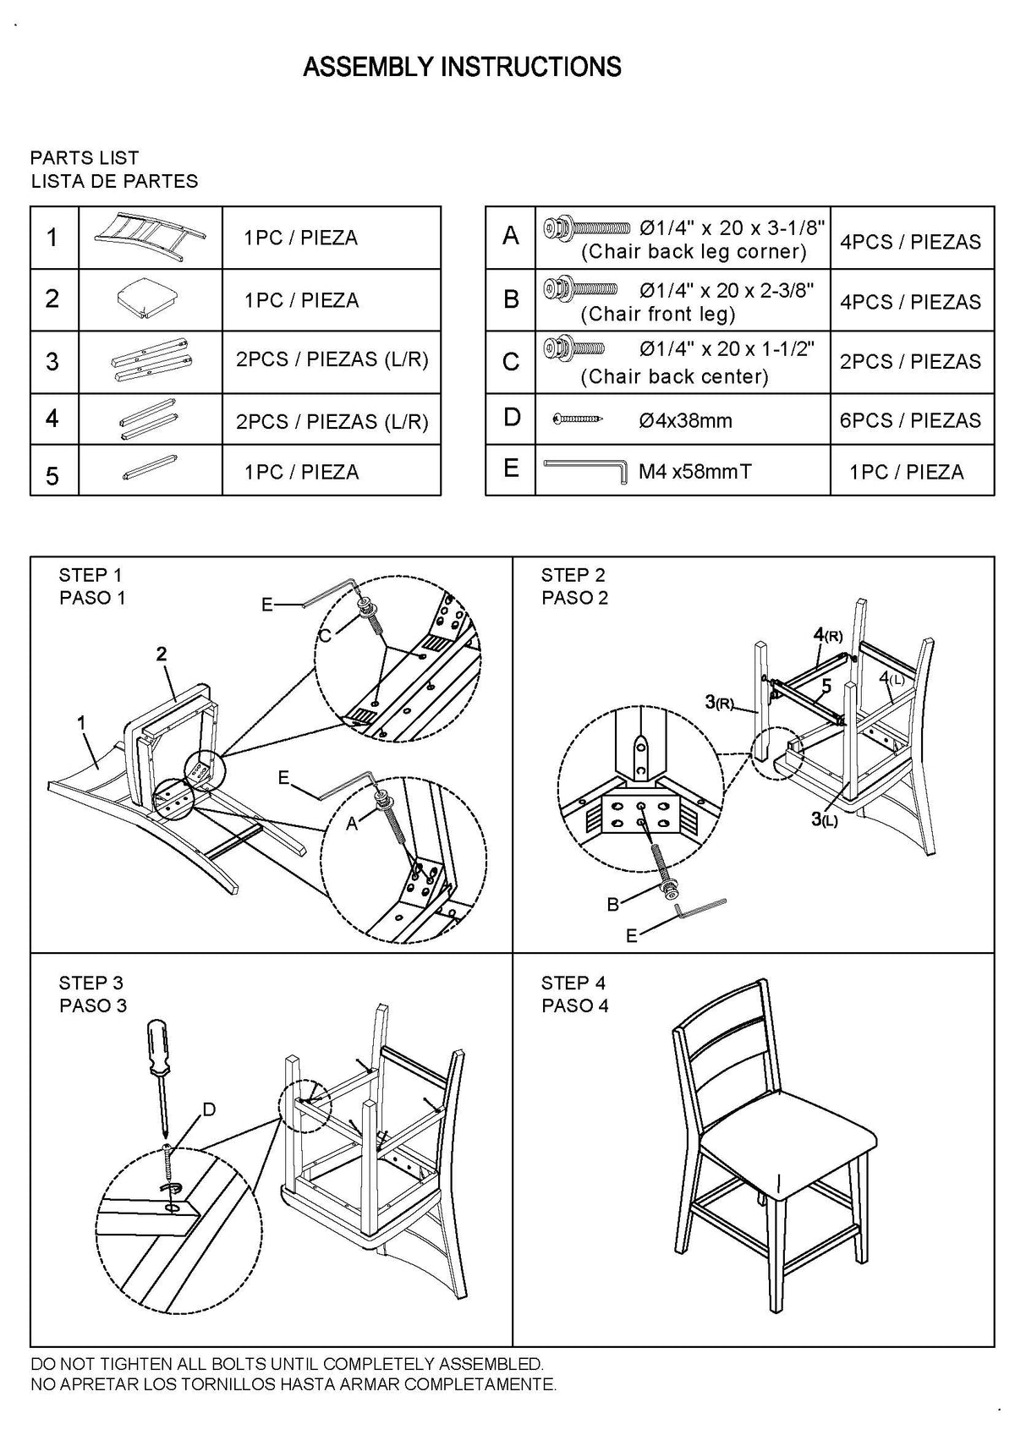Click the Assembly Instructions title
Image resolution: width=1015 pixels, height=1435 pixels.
click(462, 67)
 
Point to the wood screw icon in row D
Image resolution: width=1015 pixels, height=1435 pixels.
click(579, 419)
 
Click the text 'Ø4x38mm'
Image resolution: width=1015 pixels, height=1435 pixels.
click(685, 420)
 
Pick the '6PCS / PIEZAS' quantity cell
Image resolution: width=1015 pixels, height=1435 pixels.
click(910, 420)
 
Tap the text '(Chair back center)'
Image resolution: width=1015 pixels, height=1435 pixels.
click(674, 376)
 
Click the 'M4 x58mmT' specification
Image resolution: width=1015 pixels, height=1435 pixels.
click(694, 471)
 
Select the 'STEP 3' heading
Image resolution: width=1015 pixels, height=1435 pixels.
click(91, 983)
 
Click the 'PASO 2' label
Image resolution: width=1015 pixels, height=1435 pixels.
click(574, 598)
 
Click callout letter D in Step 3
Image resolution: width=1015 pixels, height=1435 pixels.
click(209, 1109)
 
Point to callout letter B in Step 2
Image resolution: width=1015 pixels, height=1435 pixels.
click(612, 905)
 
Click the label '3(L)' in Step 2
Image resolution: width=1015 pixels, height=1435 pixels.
click(824, 819)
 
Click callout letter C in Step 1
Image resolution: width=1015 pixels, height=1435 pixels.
click(324, 637)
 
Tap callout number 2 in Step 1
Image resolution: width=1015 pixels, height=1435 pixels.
click(161, 654)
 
